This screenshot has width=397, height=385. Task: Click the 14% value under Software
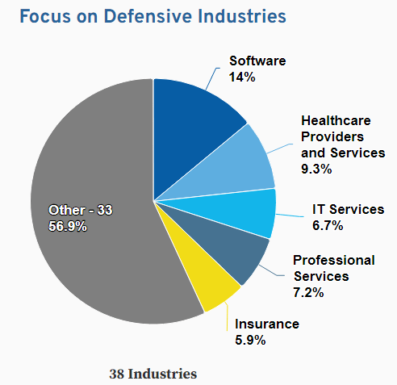tap(242, 77)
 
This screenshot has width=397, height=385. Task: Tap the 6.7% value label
tap(328, 226)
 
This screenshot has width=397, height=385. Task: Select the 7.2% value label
tap(309, 292)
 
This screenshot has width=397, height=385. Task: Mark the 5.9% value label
tap(250, 340)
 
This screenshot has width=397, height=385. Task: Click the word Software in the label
tap(257, 61)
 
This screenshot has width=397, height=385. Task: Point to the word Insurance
tap(266, 324)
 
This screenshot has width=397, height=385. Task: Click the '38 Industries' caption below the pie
tap(153, 374)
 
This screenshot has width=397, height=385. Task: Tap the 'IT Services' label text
tap(348, 210)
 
